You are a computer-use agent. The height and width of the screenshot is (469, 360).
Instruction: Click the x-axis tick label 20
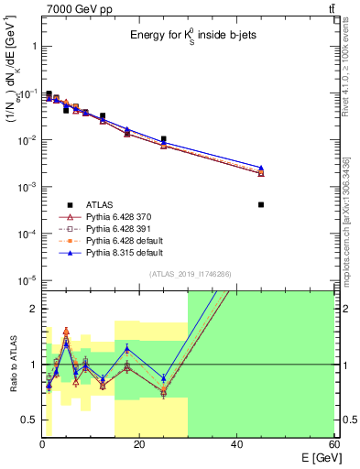[139, 445]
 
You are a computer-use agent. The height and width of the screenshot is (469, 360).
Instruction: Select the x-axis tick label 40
[236, 445]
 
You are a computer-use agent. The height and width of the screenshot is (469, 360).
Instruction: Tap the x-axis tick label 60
[333, 445]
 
